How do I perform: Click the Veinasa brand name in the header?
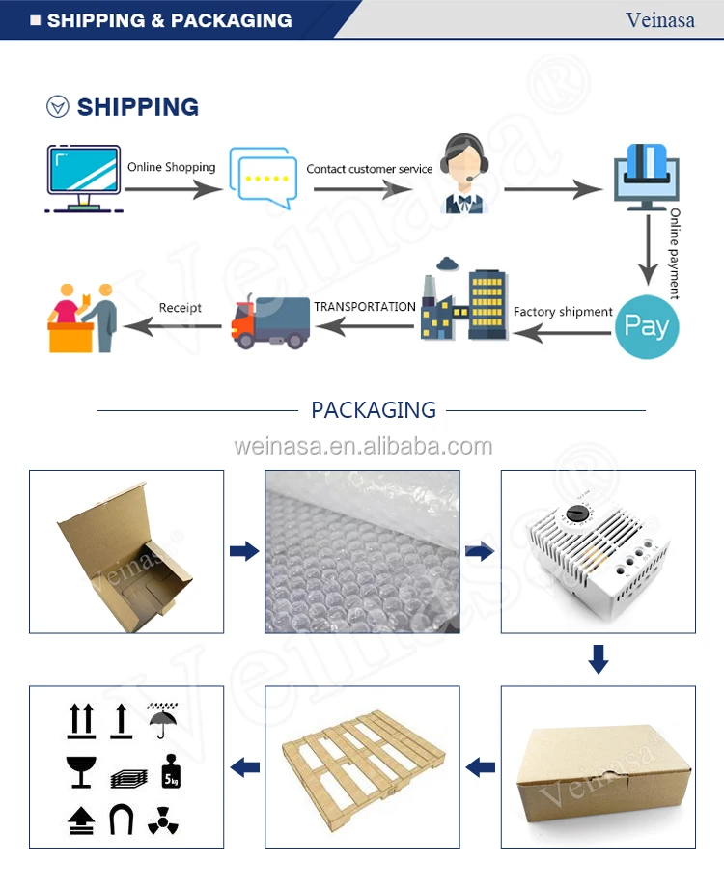pos(660,20)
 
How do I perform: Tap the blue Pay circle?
pos(647,326)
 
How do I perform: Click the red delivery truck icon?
pos(270,321)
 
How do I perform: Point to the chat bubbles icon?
pos(262,178)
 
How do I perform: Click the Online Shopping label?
pos(172,167)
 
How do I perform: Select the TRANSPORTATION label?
pos(365,306)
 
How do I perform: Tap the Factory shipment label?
pos(563,312)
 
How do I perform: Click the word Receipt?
pos(181,308)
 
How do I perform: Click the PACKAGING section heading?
pos(374,410)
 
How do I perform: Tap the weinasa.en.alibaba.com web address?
pos(363,447)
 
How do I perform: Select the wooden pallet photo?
pos(362,767)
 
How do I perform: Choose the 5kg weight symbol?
pos(170,770)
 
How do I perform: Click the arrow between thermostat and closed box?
pos(599,660)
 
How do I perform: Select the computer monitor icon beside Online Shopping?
pos(83,178)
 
